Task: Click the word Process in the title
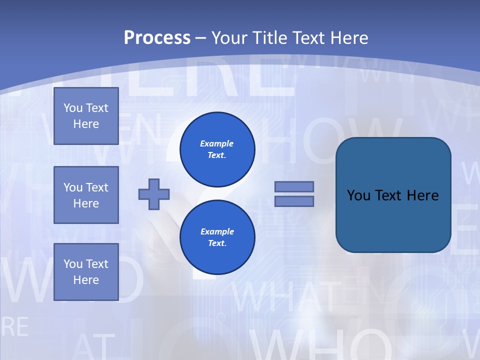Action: coord(157,38)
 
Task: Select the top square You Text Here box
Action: coord(86,116)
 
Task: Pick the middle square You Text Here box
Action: coord(86,195)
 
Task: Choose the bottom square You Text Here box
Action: coord(86,272)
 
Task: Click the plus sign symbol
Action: coord(154,194)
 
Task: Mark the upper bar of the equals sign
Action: coord(294,186)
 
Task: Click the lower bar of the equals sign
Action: coord(294,201)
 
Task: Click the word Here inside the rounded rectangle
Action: coord(422,195)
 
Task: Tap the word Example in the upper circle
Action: coord(217,143)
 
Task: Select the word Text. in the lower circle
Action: coord(217,243)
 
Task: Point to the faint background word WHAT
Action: coord(285,297)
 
